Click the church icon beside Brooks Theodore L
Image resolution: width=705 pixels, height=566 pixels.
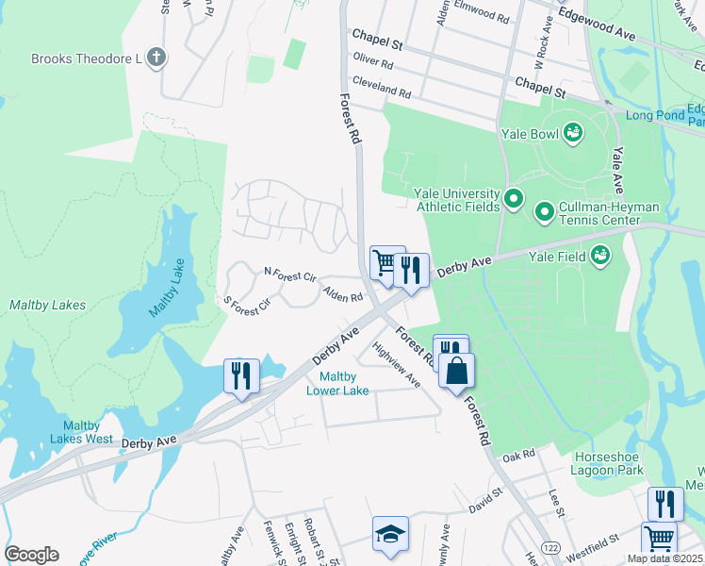[x=156, y=58]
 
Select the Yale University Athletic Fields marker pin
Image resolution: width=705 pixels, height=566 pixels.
[x=514, y=198]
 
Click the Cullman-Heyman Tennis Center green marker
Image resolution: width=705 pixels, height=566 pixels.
[x=544, y=212]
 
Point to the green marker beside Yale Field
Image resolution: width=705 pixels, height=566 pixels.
[x=598, y=254]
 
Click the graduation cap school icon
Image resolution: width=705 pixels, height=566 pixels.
[x=390, y=533]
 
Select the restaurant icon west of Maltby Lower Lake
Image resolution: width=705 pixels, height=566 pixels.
[x=240, y=375]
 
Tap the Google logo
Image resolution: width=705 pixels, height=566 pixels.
[x=31, y=555]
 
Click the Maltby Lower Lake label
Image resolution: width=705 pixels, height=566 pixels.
[x=337, y=384]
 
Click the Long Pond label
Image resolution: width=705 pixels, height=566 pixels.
[x=653, y=116]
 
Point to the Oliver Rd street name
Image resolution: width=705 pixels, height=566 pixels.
[x=371, y=61]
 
